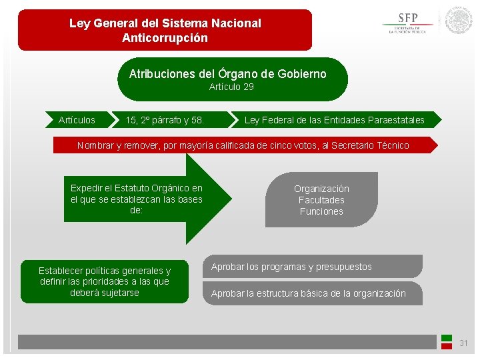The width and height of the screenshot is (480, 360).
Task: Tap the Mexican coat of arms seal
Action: pos(459,21)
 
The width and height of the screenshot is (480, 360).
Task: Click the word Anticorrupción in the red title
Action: pos(165,38)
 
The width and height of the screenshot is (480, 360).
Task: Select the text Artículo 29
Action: pos(231,87)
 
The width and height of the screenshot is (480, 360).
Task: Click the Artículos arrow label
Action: pos(77,120)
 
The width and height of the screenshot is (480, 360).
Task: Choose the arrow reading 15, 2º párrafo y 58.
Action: pos(165,120)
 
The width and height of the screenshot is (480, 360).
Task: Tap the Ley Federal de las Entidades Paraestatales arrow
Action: pos(334,120)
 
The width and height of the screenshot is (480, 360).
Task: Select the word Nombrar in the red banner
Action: pos(95,145)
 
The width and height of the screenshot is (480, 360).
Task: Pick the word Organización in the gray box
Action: pos(321,189)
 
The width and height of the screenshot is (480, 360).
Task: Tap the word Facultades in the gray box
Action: pos(321,200)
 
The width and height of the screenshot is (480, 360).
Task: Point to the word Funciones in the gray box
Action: pos(321,211)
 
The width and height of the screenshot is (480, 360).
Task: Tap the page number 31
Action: pos(464,343)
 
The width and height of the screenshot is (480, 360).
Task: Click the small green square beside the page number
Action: pos(447,338)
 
